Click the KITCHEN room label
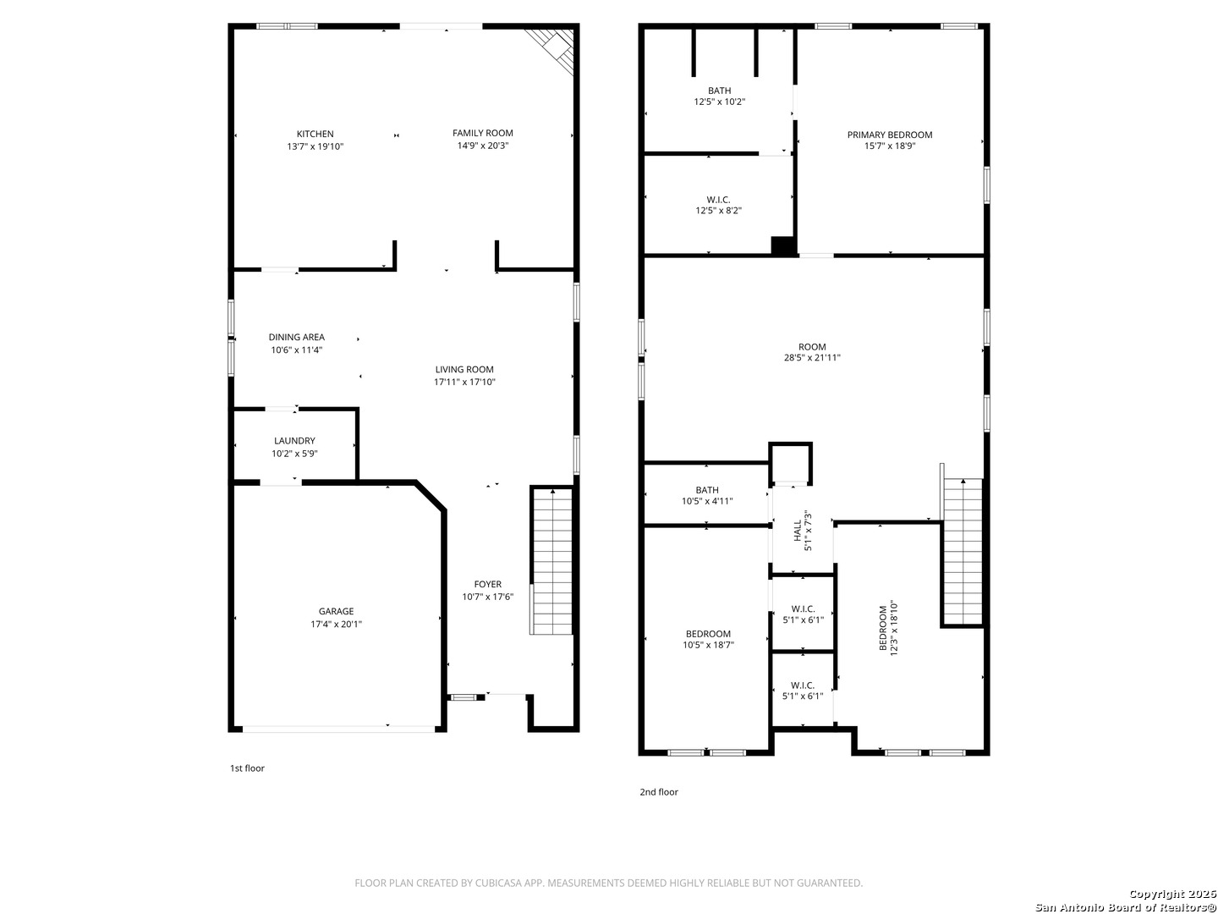(x=315, y=134)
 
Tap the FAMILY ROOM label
(x=482, y=133)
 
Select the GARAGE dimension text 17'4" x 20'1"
(x=336, y=625)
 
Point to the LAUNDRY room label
(x=294, y=441)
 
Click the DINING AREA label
(x=296, y=337)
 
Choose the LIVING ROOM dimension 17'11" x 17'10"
(x=464, y=382)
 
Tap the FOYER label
(x=487, y=584)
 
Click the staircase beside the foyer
(x=551, y=561)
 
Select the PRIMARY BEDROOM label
(x=890, y=135)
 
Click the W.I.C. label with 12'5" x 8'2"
(x=718, y=200)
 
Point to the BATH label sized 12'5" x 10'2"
(x=719, y=91)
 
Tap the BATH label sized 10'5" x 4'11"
(x=707, y=490)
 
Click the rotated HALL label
(x=798, y=531)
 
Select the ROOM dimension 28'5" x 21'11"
(x=812, y=358)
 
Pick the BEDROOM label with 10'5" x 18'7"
(x=708, y=634)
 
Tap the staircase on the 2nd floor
(x=963, y=552)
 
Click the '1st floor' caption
(x=247, y=768)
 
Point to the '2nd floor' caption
(x=658, y=792)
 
